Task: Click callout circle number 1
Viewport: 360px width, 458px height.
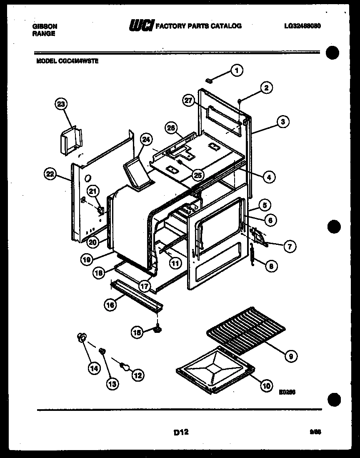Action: (x=237, y=70)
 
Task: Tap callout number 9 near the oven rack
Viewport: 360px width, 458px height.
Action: (x=291, y=356)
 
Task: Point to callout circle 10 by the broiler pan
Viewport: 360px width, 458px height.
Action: (x=265, y=386)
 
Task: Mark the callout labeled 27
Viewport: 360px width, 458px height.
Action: (x=188, y=100)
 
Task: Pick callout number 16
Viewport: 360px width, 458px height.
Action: (x=110, y=305)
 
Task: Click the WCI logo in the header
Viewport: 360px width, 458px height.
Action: (x=142, y=26)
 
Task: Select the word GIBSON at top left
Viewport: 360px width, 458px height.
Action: (x=45, y=26)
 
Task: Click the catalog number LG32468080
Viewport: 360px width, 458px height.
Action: (x=302, y=26)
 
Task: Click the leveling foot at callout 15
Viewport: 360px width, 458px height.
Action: (x=158, y=331)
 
